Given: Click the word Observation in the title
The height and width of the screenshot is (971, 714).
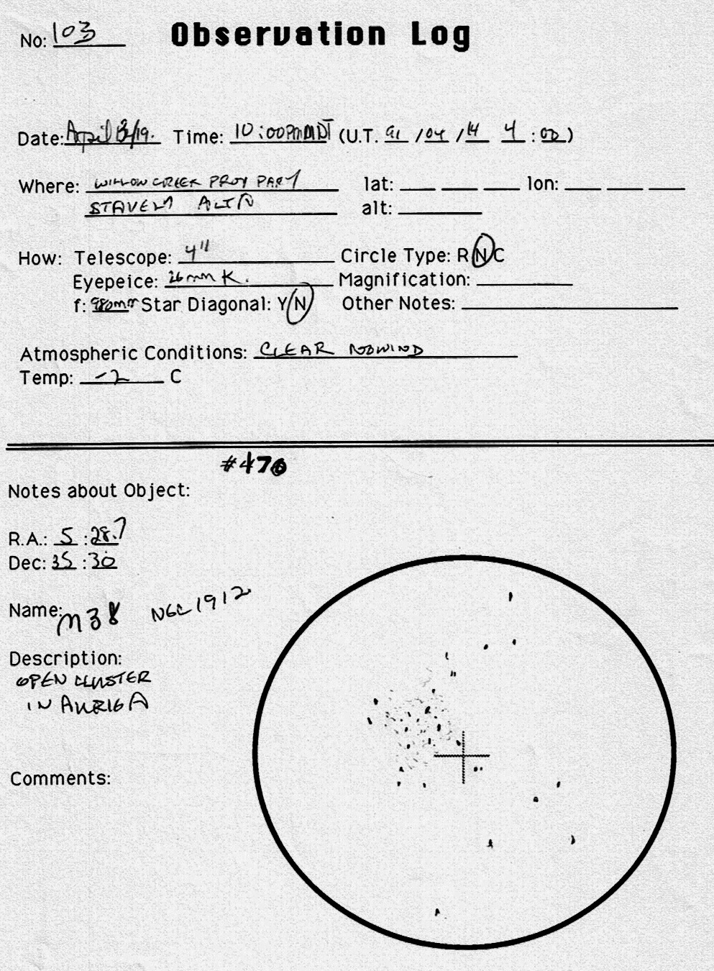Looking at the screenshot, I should tap(278, 35).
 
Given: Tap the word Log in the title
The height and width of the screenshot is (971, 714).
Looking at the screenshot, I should tap(440, 35).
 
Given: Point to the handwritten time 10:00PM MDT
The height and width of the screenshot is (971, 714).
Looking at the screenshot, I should tap(283, 132).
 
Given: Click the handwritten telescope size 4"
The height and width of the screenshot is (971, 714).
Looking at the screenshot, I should tap(196, 252).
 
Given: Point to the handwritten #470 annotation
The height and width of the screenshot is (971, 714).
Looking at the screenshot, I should tap(254, 465).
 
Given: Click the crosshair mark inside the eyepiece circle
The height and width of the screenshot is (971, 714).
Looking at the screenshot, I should tap(462, 756).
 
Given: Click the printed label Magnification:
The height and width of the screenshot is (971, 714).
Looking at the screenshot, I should tap(404, 280).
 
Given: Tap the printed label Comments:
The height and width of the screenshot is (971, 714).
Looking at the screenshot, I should tap(60, 778).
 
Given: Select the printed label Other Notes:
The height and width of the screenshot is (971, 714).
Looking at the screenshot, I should tap(398, 304).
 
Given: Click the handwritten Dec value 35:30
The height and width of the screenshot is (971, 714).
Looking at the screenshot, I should tap(84, 562).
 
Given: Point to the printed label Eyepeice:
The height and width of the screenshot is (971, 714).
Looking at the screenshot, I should tap(114, 281).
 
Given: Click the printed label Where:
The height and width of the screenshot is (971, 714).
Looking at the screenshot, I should tap(49, 186).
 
